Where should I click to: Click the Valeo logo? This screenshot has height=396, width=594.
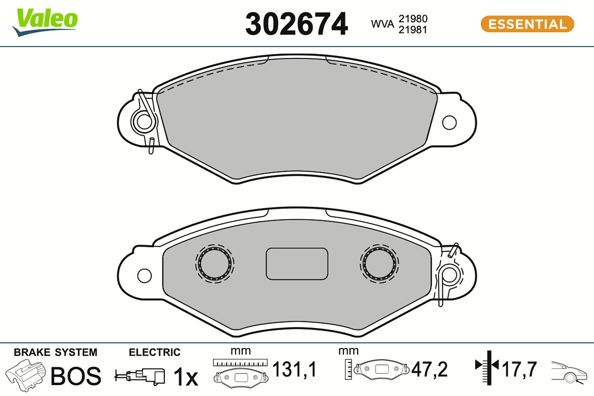[45, 22]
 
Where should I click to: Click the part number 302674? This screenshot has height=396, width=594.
[297, 24]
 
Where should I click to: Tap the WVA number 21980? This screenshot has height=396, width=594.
[413, 19]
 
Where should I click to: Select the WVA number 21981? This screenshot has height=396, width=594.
[413, 30]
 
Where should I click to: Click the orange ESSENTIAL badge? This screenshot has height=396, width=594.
[528, 24]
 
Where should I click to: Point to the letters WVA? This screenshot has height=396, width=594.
[383, 24]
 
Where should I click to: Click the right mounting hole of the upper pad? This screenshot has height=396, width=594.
[449, 123]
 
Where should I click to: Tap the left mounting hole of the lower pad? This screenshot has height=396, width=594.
[145, 276]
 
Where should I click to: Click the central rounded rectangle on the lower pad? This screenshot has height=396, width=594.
[297, 264]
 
